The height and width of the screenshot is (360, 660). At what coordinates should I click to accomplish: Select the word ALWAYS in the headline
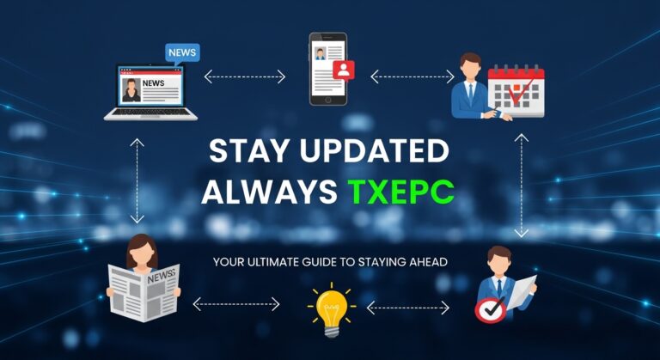[x=270, y=192]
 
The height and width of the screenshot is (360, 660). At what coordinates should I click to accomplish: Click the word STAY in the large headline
[x=245, y=152]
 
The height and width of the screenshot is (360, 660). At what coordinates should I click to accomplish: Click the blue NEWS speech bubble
[x=182, y=52]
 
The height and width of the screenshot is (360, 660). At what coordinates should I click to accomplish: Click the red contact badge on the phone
[x=344, y=70]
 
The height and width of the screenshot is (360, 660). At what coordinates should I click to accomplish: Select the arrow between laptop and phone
[x=244, y=76]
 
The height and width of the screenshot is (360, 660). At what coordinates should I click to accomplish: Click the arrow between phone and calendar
[x=412, y=76]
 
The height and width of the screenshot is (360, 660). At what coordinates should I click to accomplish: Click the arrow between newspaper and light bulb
[x=236, y=303]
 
